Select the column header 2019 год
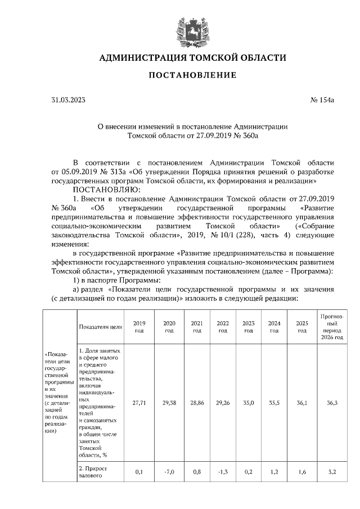[x=138, y=327]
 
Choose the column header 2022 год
[x=223, y=327]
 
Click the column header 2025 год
[x=301, y=327]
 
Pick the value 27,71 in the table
[x=138, y=403]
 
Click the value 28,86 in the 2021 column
[x=197, y=403]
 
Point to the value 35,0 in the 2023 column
[x=248, y=403]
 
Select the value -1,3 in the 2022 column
[x=223, y=472]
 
